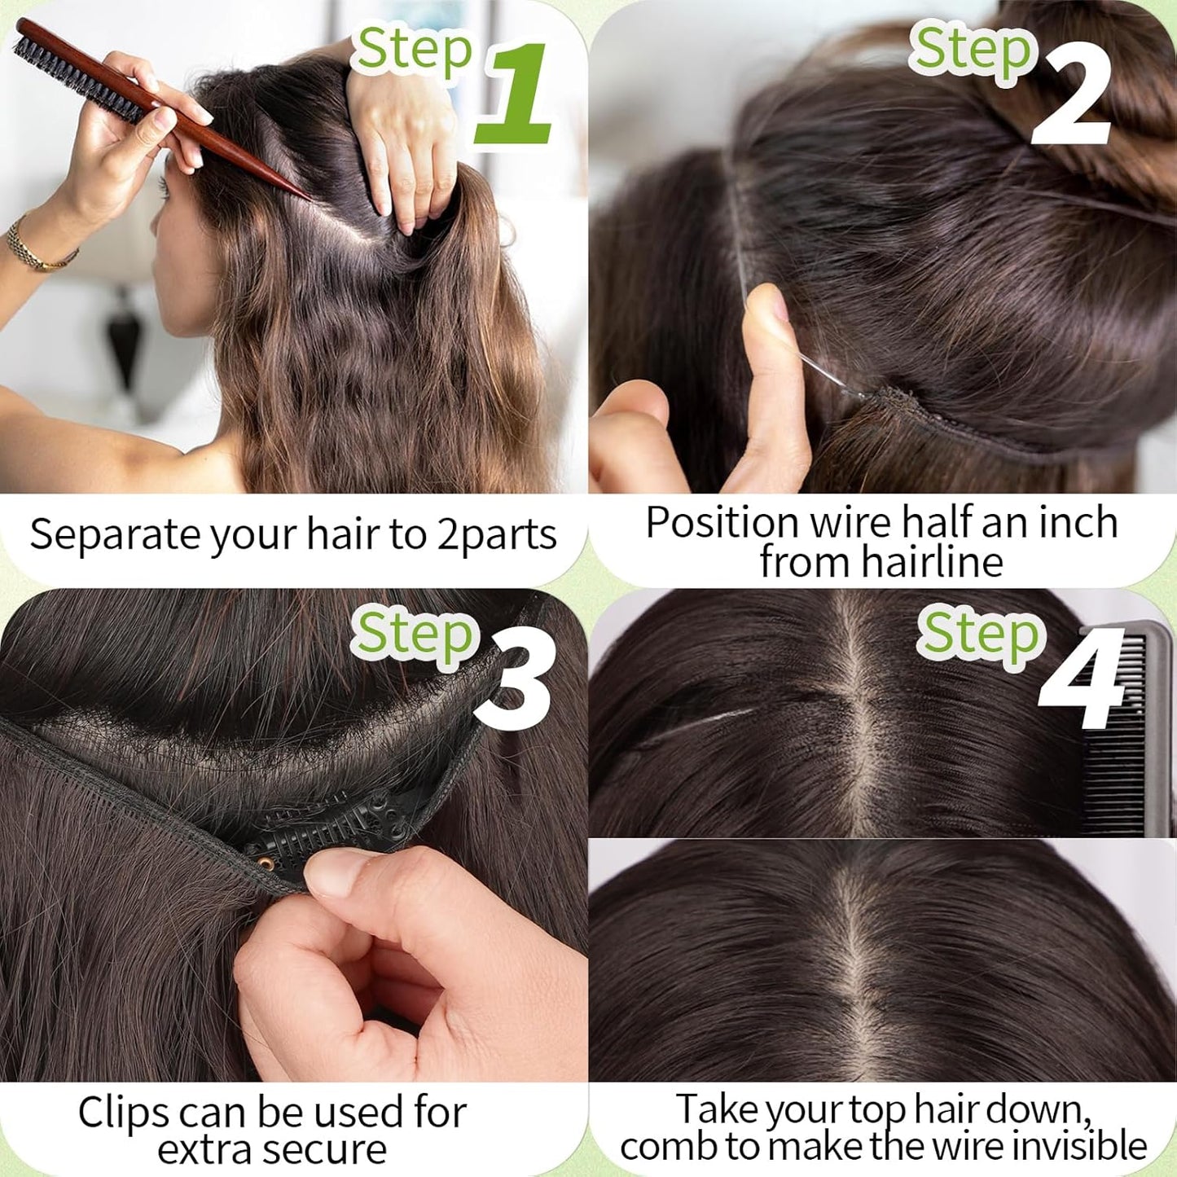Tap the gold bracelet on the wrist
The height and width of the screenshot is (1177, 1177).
pos(37,248)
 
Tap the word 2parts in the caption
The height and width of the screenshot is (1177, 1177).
pos(497,536)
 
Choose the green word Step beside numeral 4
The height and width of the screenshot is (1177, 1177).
pos(980,634)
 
